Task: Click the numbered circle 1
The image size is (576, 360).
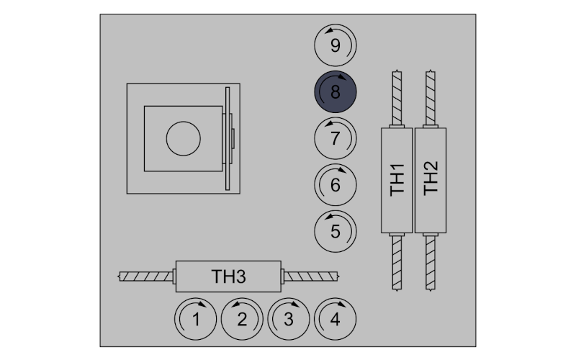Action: pos(195,319)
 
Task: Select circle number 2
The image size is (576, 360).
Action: pos(242,319)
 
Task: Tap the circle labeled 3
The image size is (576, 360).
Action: pos(289,319)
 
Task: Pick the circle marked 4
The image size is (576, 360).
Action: pos(335,319)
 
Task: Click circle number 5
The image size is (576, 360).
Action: pos(335,231)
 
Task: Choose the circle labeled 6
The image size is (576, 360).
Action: pos(335,185)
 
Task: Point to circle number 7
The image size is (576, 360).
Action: pos(335,138)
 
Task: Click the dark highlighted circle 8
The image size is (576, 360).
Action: pos(335,91)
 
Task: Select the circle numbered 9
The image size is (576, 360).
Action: pos(335,45)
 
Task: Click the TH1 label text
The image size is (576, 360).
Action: pos(397,180)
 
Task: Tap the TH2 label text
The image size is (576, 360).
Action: pos(431,179)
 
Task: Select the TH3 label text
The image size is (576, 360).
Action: pos(228,276)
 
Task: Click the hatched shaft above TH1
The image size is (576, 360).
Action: pos(397,98)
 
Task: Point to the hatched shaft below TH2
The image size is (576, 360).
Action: pos(431,263)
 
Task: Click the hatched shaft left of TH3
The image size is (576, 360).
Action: pos(146,276)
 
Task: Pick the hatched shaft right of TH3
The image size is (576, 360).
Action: pos(311,276)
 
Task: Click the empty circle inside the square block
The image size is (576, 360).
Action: pos(184,138)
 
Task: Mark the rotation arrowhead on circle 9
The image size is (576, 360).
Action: pos(330,30)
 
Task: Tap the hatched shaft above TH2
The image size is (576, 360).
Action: pos(431,98)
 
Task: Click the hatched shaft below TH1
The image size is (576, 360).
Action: pos(397,263)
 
